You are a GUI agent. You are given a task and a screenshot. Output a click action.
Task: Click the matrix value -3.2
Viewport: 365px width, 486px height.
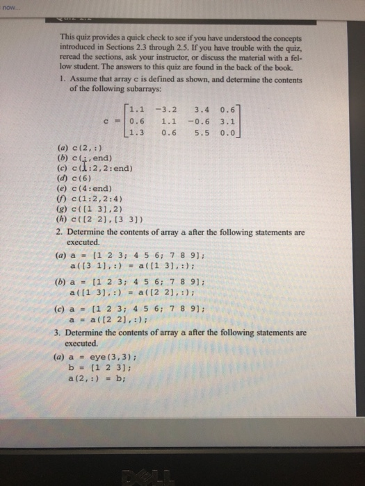coord(168,107)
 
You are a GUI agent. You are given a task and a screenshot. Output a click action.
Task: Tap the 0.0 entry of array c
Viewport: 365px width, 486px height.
coord(227,130)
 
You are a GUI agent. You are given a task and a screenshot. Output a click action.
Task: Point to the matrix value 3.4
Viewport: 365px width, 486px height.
coord(203,107)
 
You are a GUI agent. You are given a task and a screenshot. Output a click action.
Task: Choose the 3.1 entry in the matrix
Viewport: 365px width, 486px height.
coord(227,118)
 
